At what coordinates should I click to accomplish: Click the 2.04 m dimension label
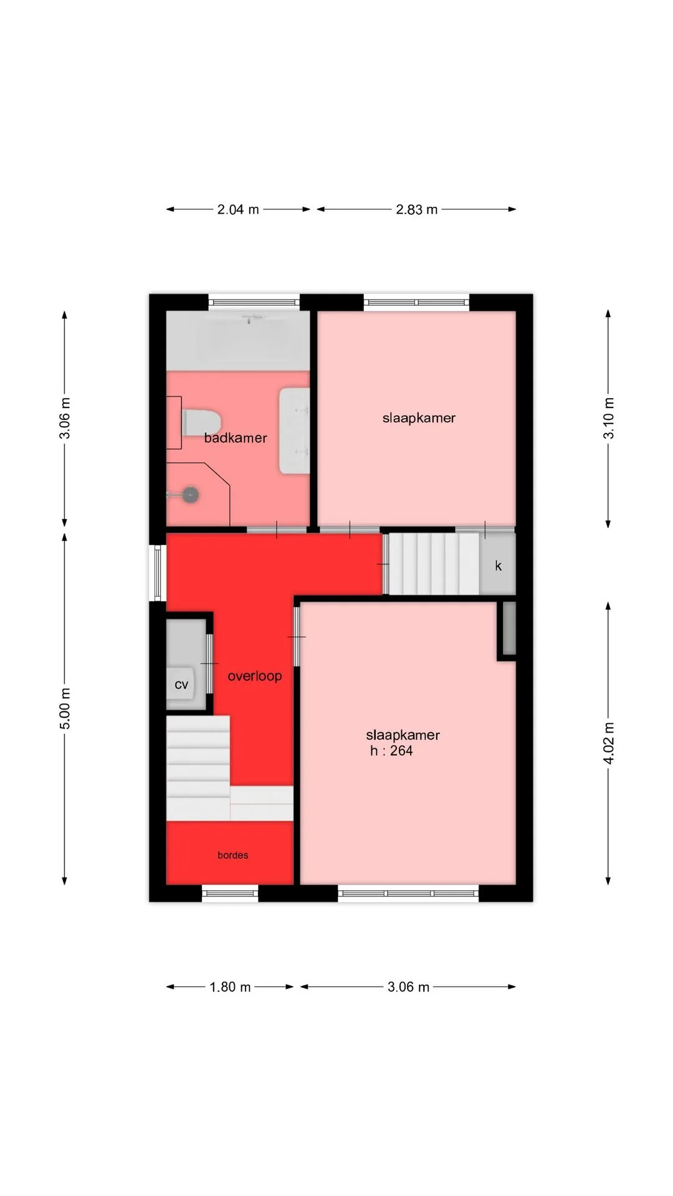click(x=238, y=209)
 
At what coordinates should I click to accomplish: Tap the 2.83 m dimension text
click(x=417, y=209)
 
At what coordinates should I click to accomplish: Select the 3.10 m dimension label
click(x=609, y=418)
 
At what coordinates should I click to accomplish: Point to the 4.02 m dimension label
click(x=609, y=743)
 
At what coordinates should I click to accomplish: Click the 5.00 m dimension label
click(x=65, y=708)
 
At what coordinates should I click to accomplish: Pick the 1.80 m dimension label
click(x=230, y=987)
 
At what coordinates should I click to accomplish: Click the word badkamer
click(x=236, y=438)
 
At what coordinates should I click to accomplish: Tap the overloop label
click(x=255, y=676)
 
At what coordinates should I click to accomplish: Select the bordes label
click(x=233, y=855)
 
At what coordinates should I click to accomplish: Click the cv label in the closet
click(x=181, y=685)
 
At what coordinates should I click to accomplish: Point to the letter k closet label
click(x=498, y=566)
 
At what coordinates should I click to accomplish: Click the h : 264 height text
click(x=391, y=751)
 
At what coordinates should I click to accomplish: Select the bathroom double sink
click(x=294, y=430)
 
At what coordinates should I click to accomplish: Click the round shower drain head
click(x=191, y=495)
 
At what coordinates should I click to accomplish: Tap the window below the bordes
click(x=230, y=893)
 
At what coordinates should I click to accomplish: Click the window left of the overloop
click(x=158, y=573)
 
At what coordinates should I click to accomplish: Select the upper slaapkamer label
click(x=419, y=418)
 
